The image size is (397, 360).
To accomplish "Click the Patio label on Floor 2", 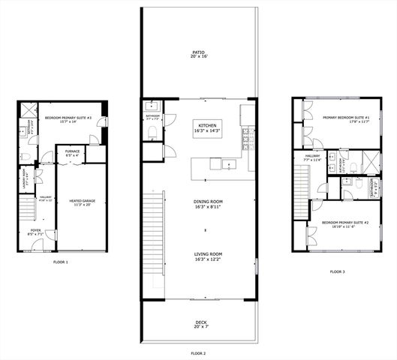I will (x=198, y=54).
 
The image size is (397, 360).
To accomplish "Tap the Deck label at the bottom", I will (x=198, y=325).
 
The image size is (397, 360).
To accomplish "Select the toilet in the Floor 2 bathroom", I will (x=153, y=132).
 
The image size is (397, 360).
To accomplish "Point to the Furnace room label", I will (x=72, y=154).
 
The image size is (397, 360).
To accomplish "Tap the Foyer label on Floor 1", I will (x=35, y=232).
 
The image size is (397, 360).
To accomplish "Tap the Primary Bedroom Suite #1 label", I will (x=347, y=120).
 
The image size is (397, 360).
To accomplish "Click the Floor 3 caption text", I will (x=338, y=271).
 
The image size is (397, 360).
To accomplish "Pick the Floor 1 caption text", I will (x=60, y=262).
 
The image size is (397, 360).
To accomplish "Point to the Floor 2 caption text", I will (x=198, y=352).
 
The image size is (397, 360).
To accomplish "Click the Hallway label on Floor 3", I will (x=312, y=158).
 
